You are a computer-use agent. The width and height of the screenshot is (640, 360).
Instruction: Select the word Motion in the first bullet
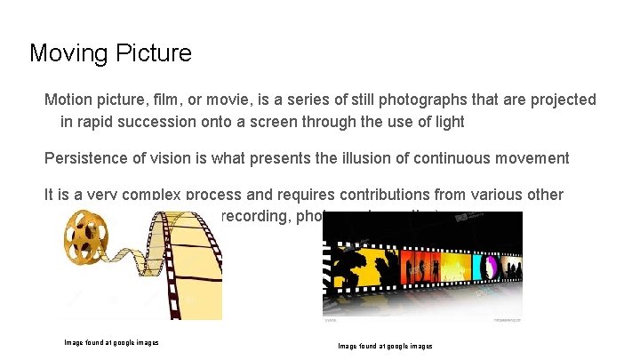[68, 100]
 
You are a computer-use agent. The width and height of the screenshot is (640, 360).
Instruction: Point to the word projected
[563, 100]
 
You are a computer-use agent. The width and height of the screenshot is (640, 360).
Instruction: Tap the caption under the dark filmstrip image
[385, 346]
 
